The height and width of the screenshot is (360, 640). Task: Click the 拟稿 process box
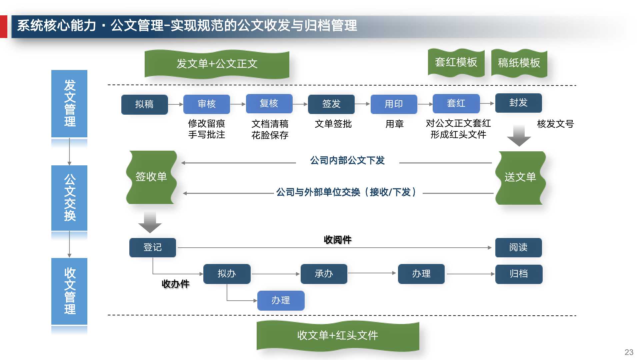click(144, 104)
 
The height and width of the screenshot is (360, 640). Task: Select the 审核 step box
click(206, 104)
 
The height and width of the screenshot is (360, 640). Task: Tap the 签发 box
click(331, 104)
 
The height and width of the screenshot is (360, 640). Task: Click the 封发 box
click(518, 103)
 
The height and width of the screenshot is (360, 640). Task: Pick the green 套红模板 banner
click(456, 63)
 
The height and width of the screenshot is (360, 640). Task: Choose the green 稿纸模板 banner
click(519, 63)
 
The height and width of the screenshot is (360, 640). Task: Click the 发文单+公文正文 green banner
click(217, 64)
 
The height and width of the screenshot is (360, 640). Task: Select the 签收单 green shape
click(151, 177)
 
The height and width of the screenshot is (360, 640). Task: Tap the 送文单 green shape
click(520, 177)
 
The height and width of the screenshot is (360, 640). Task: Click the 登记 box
click(152, 247)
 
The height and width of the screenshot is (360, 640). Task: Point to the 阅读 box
click(518, 247)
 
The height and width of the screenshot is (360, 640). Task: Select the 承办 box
click(324, 274)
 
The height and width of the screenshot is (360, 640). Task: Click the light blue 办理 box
click(281, 300)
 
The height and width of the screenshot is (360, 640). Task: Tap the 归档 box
click(519, 274)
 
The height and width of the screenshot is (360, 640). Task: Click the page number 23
click(629, 352)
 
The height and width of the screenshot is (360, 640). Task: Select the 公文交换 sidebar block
click(69, 198)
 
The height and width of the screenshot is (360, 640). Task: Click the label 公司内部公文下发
click(347, 161)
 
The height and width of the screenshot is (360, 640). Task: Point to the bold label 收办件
click(175, 284)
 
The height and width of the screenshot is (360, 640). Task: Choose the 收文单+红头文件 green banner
click(337, 336)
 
